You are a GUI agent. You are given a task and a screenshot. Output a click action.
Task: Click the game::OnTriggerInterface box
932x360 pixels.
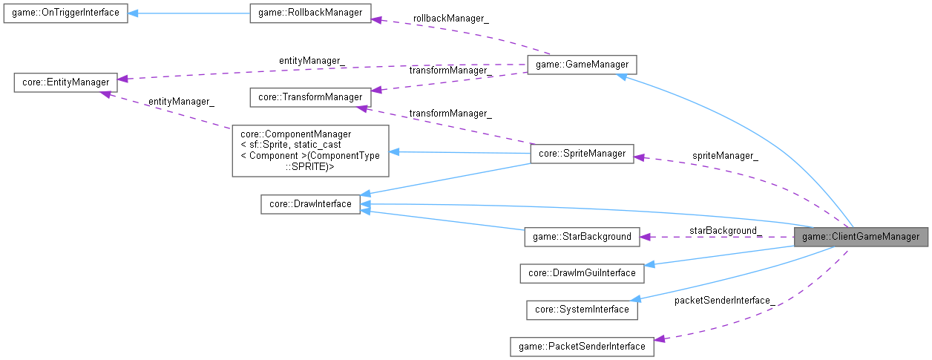[x=65, y=13]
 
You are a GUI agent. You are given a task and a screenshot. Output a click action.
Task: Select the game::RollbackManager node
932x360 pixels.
[x=309, y=13]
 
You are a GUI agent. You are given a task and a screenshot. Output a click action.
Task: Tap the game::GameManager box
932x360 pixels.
[x=581, y=65]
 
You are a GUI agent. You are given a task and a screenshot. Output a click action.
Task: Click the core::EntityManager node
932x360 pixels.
[x=65, y=82]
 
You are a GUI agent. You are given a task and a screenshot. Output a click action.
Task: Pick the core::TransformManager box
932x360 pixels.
[x=309, y=97]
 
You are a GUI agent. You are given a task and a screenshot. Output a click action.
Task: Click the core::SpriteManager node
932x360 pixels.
[x=581, y=154]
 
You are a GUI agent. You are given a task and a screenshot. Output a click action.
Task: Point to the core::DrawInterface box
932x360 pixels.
[x=310, y=204]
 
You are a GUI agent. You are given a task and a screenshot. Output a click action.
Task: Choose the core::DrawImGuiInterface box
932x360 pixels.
[x=582, y=272]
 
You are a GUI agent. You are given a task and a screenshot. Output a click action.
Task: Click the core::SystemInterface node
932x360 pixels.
[x=582, y=310]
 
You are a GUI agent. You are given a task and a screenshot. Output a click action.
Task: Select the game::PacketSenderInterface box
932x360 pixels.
[x=582, y=346]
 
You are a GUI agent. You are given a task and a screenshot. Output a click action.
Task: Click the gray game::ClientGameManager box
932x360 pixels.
[x=861, y=237]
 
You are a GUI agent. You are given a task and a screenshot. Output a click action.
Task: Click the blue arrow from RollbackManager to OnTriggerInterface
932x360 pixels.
[x=189, y=13]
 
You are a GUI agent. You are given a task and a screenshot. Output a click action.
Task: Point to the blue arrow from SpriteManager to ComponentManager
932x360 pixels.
[x=460, y=153]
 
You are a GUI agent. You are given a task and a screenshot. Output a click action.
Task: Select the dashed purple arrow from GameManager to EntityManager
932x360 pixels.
[x=319, y=72]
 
